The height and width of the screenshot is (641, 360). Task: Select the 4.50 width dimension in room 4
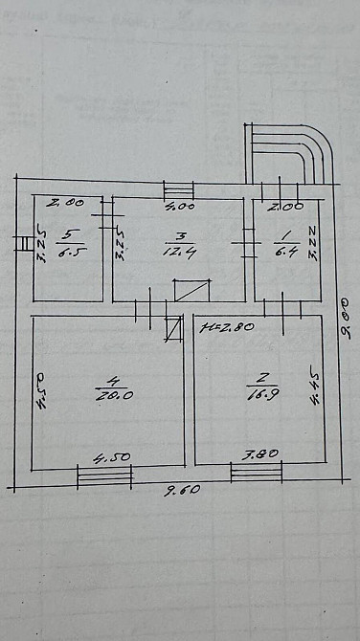click(x=107, y=459)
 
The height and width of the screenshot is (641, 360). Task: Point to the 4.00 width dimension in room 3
click(x=179, y=205)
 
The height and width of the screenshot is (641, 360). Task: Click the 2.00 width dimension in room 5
click(x=67, y=202)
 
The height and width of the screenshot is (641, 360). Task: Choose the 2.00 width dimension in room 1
click(x=286, y=205)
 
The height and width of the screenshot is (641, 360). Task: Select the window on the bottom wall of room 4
click(x=103, y=475)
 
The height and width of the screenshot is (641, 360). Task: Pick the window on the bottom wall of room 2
click(x=257, y=472)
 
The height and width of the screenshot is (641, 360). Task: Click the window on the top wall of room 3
click(x=178, y=189)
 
